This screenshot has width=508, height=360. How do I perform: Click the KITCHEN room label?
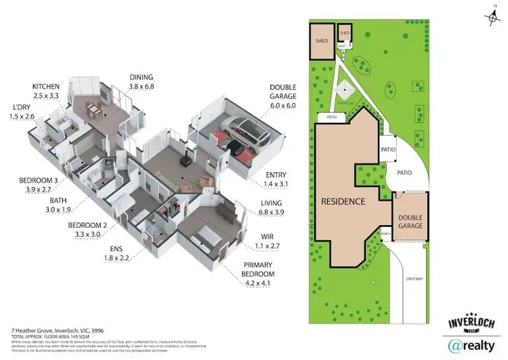pyautogui.click(x=46, y=87)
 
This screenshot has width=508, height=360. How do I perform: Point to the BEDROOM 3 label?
pyautogui.click(x=38, y=181)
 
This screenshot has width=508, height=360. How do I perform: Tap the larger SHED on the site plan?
pyautogui.click(x=321, y=39)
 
